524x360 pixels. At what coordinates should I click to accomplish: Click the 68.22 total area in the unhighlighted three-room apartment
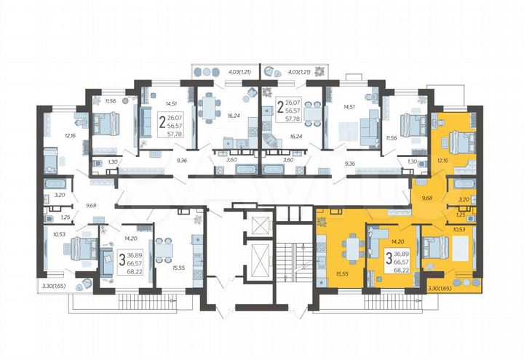135,271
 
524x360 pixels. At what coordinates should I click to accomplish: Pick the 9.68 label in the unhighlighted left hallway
91,205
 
